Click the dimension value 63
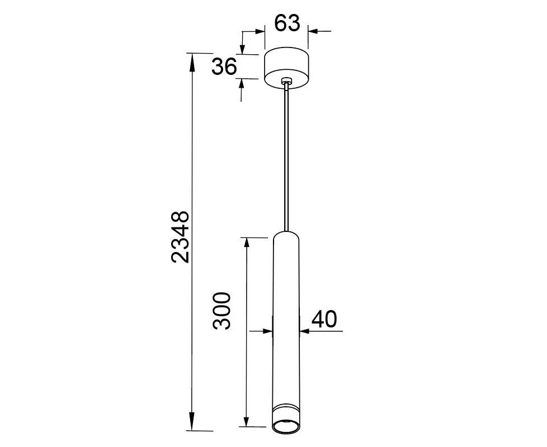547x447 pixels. [x=287, y=23]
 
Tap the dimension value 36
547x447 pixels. [x=224, y=66]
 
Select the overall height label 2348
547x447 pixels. [x=180, y=236]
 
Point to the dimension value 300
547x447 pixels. [x=222, y=311]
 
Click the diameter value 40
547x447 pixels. [x=324, y=319]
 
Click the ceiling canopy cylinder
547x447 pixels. [x=286, y=68]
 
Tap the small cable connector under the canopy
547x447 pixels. [x=286, y=81]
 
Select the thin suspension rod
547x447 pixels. [x=286, y=158]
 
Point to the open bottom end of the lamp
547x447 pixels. [x=286, y=426]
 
